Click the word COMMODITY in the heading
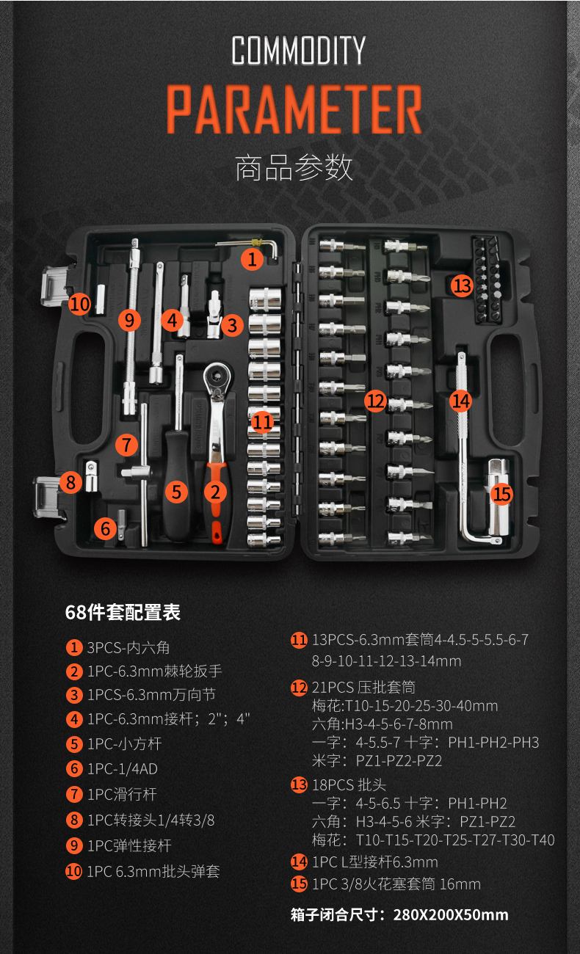298,51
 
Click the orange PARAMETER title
294,111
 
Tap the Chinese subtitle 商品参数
294,168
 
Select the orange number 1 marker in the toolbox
252,258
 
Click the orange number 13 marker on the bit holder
462,285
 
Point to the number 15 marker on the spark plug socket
501,494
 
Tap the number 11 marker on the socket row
261,422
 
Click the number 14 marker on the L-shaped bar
461,401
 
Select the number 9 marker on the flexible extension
129,320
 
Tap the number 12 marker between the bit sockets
375,401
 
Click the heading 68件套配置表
123,612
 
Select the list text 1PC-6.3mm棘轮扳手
154,671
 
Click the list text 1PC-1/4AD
122,768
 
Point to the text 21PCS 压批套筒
363,688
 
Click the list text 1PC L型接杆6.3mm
374,862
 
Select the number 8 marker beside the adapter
70,482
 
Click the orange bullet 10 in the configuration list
74,871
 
